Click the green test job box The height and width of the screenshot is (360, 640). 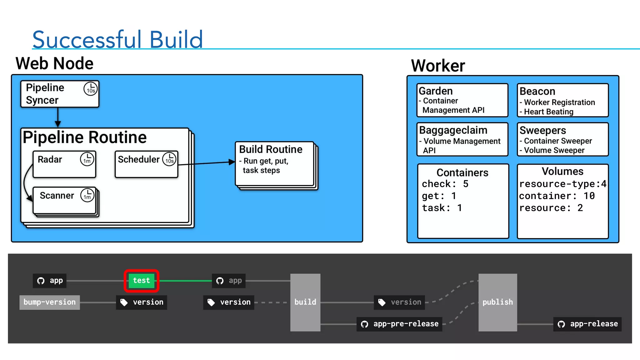pyautogui.click(x=142, y=281)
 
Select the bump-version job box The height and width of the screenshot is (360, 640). pyautogui.click(x=49, y=302)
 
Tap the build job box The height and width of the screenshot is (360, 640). pyautogui.click(x=305, y=302)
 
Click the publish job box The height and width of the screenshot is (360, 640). pyautogui.click(x=497, y=302)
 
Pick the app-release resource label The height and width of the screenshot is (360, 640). pyautogui.click(x=587, y=324)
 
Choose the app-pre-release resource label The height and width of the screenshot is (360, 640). pyautogui.click(x=400, y=324)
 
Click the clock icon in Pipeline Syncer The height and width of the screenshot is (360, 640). pyautogui.click(x=91, y=89)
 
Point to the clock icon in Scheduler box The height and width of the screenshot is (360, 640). pyautogui.click(x=169, y=159)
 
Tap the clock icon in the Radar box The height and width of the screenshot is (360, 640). pyautogui.click(x=87, y=159)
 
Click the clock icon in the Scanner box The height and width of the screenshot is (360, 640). pyautogui.click(x=87, y=195)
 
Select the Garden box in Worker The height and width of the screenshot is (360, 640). pyautogui.click(x=462, y=100)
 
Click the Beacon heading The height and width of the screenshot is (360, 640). pyautogui.click(x=537, y=91)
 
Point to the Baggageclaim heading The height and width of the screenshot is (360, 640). pyautogui.click(x=453, y=130)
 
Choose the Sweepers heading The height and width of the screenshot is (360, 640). pyautogui.click(x=542, y=130)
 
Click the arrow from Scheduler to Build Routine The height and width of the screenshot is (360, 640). pyautogui.click(x=206, y=163)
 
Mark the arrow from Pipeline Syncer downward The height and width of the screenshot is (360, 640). pyautogui.click(x=58, y=117)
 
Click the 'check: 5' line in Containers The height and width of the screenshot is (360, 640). pyautogui.click(x=445, y=184)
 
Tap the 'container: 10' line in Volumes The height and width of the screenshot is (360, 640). pyautogui.click(x=557, y=196)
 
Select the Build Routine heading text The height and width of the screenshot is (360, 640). pyautogui.click(x=271, y=149)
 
